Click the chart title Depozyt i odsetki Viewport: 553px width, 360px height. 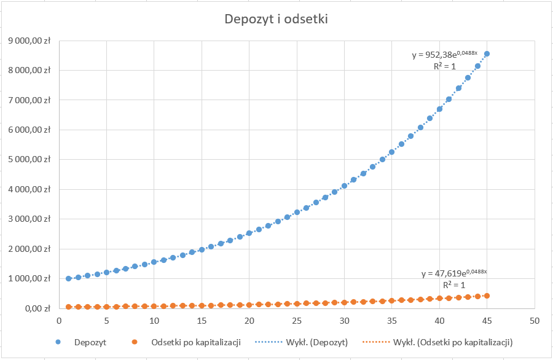coord(276,19)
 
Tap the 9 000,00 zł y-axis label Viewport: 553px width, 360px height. coord(29,41)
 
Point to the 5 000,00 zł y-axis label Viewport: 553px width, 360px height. coord(29,160)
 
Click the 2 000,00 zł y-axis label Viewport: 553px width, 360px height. coord(29,249)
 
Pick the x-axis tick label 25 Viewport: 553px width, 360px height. coord(297,321)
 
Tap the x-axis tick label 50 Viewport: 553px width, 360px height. coord(535,321)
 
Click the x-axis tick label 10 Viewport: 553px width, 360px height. coord(154,321)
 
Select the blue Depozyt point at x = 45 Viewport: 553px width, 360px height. coord(487,54)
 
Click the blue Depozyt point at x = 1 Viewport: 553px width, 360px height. coord(68,278)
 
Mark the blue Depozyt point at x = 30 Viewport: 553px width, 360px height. coord(344,186)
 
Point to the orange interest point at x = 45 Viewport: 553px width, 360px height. coord(487,295)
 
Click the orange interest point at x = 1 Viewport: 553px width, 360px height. coord(68,307)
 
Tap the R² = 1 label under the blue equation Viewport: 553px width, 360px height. coord(444,66)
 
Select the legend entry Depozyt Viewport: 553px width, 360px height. coord(86,342)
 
